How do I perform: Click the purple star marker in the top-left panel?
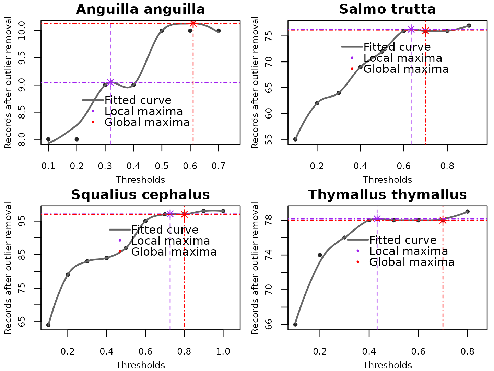pyautogui.click(x=110, y=82)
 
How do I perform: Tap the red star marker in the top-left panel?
pyautogui.click(x=193, y=24)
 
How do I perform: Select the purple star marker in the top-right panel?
pyautogui.click(x=411, y=29)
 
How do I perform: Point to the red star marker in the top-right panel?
pyautogui.click(x=425, y=31)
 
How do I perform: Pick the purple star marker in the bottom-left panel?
pyautogui.click(x=170, y=214)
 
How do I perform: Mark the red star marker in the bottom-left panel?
pyautogui.click(x=184, y=214)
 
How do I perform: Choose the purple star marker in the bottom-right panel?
pyautogui.click(x=377, y=219)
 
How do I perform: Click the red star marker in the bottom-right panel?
pyautogui.click(x=443, y=220)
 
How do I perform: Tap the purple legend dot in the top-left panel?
pyautogui.click(x=93, y=111)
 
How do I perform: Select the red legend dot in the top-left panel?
pyautogui.click(x=93, y=122)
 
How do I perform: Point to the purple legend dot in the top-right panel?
pyautogui.click(x=352, y=58)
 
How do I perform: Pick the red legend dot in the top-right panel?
pyautogui.click(x=352, y=69)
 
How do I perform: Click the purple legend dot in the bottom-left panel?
pyautogui.click(x=120, y=240)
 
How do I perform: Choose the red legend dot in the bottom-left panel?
pyautogui.click(x=120, y=251)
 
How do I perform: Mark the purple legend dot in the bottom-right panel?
pyautogui.click(x=358, y=251)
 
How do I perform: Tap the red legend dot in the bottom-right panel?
pyautogui.click(x=358, y=262)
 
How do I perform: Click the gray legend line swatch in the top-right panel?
pyautogui.click(x=352, y=47)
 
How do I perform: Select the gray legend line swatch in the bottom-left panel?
pyautogui.click(x=120, y=229)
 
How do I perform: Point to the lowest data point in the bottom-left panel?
pyautogui.click(x=48, y=325)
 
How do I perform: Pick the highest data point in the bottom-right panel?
pyautogui.click(x=467, y=212)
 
